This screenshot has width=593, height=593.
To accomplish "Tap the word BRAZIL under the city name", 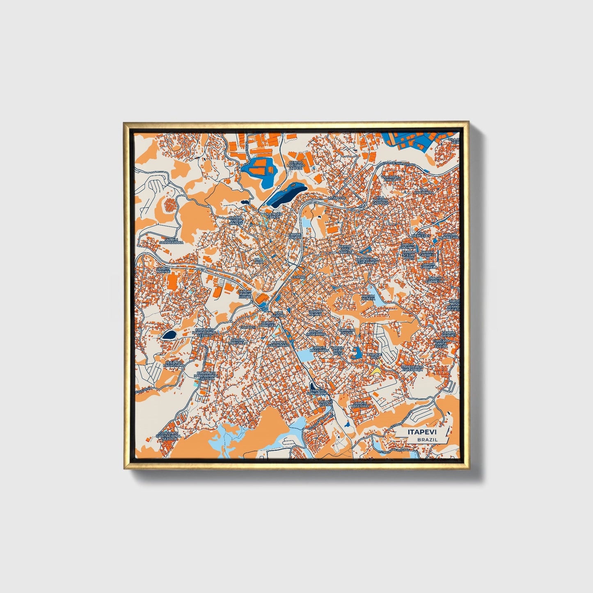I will pyautogui.click(x=427, y=440).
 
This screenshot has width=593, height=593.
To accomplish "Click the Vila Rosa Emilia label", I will pyautogui.click(x=389, y=179).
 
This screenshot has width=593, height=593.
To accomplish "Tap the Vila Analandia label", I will pyautogui.click(x=424, y=191).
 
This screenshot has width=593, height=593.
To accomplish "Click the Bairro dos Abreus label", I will pyautogui.click(x=346, y=249).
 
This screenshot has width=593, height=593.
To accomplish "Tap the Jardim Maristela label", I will pyautogui.click(x=238, y=341).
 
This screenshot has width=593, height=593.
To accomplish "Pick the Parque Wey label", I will pyautogui.click(x=374, y=356).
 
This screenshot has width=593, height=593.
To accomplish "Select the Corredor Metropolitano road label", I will pyautogui.click(x=397, y=163).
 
